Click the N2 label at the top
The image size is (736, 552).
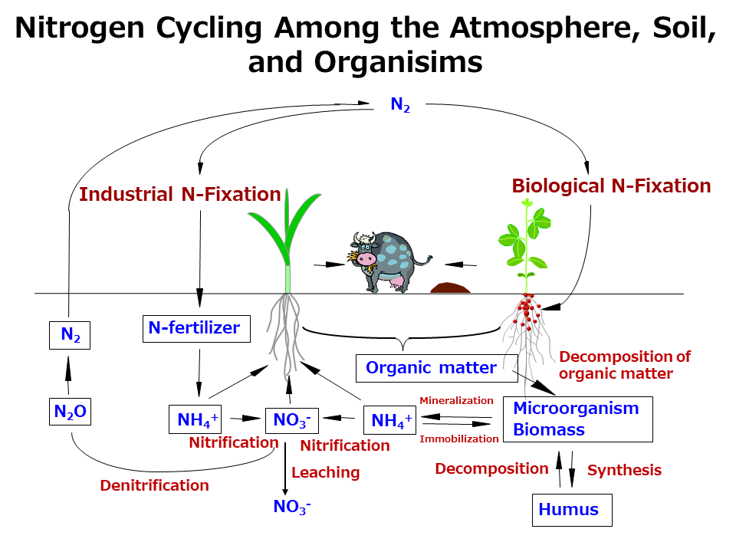coord(400,105)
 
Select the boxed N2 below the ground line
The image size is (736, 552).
coord(70,335)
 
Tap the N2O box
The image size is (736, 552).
coord(70,413)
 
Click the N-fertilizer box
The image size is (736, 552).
coord(194,329)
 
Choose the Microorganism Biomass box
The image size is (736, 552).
coord(577,419)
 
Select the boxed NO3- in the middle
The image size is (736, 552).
coord(291,420)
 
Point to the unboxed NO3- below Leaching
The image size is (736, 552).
coord(291,507)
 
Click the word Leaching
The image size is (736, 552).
coord(325,472)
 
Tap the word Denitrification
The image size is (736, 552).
coord(154,485)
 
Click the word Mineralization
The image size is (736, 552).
coord(456,400)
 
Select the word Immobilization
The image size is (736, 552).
coord(459,439)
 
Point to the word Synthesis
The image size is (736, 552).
coord(624,470)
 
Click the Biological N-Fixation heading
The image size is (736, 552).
coord(611,186)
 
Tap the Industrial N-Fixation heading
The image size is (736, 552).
coord(180,195)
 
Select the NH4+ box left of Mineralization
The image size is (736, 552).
coord(391,420)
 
